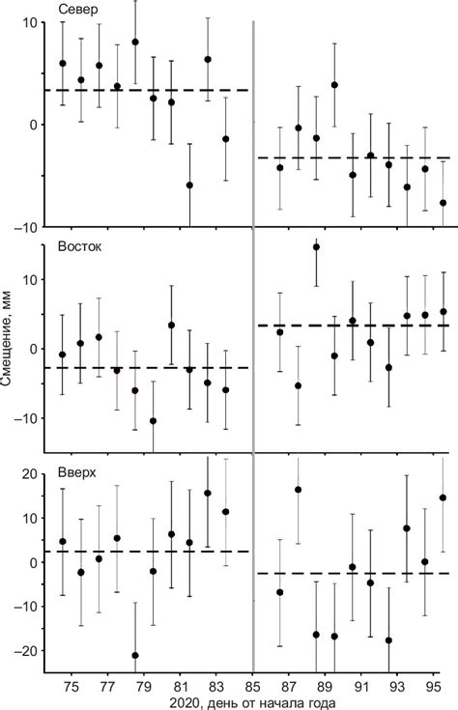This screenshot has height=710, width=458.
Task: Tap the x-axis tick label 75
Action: [71, 685]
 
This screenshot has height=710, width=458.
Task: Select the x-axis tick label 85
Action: [252, 685]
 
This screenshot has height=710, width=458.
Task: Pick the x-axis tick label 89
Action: [326, 685]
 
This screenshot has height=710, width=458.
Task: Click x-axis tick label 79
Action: [143, 685]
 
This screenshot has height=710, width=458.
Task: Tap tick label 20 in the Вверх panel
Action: [28, 473]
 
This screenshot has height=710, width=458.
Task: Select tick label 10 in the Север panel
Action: [28, 22]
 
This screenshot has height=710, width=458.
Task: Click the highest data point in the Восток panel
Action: [316, 246]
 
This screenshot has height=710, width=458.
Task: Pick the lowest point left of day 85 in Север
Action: [189, 185]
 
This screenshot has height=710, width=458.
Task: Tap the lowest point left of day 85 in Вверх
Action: [135, 655]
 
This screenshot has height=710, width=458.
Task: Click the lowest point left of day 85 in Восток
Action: [153, 421]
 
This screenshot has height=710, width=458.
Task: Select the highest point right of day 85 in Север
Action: [334, 85]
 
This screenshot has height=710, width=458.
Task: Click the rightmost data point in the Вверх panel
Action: [443, 498]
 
